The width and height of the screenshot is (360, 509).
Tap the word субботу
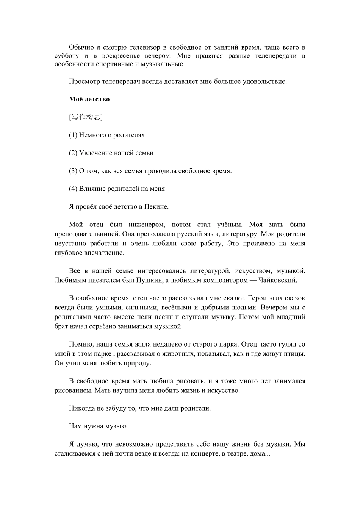67,56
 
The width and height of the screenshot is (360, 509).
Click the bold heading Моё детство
89,99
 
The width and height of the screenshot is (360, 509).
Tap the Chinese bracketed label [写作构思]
86,117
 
